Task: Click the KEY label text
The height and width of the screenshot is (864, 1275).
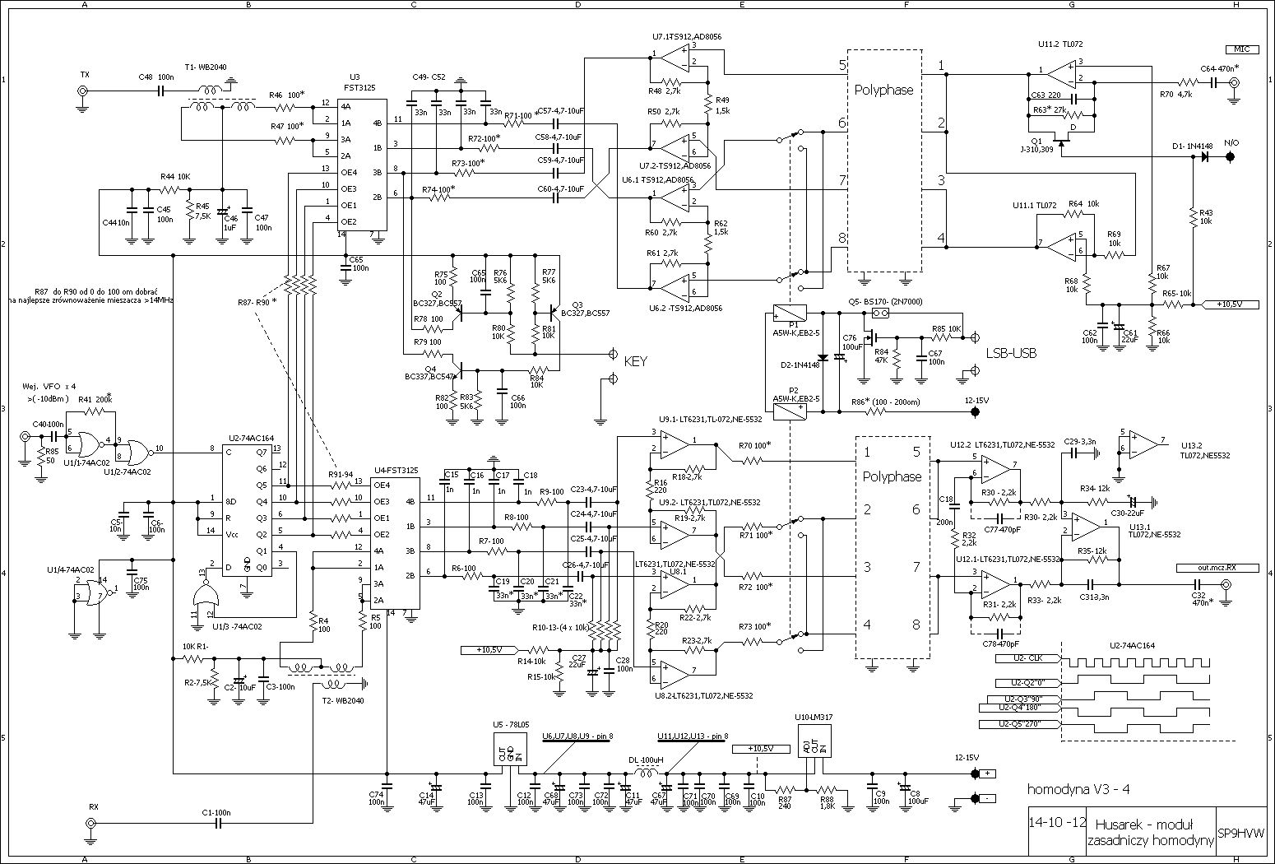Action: click(x=636, y=360)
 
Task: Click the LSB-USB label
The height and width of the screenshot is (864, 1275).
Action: click(x=1011, y=353)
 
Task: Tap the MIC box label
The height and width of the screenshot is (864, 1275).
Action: click(x=1241, y=49)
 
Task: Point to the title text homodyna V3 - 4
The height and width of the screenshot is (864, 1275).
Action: click(x=1078, y=789)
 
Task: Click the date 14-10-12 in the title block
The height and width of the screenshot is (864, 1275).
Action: click(x=1056, y=823)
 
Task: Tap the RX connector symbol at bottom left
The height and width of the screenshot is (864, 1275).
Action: click(x=91, y=822)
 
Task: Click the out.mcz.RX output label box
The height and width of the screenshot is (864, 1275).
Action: click(x=1207, y=567)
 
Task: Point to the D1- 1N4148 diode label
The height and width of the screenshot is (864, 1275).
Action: click(x=1193, y=146)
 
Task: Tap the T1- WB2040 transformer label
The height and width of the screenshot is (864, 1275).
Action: click(x=206, y=67)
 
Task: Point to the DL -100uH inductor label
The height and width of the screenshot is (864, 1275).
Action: click(x=646, y=760)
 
